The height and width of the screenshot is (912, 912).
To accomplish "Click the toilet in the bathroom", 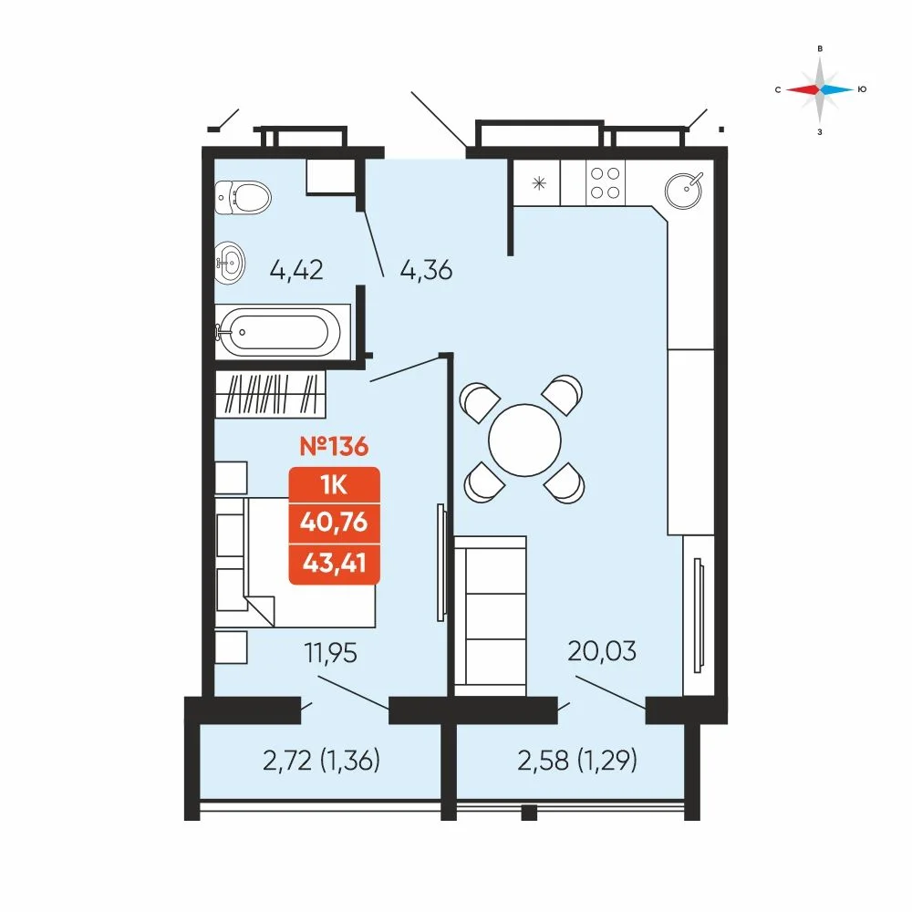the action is click(x=242, y=197).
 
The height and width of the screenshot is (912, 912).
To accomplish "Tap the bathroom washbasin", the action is click(x=230, y=263).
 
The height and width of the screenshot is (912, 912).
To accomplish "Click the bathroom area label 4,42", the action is click(x=296, y=271).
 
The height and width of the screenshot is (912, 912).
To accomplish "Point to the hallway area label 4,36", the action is click(x=426, y=271).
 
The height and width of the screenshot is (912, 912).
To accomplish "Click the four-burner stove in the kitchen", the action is click(x=605, y=182).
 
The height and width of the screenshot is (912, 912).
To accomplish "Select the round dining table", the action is click(x=524, y=440).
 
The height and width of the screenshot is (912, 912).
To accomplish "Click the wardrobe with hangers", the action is click(x=270, y=394).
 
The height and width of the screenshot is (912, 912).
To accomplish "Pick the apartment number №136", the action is click(x=334, y=447).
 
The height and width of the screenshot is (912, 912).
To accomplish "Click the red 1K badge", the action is click(x=335, y=484).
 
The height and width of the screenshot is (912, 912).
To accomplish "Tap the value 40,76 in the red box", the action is click(x=335, y=523).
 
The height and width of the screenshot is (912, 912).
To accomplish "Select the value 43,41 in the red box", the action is click(x=335, y=563).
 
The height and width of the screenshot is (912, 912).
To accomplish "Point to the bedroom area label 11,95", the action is click(x=331, y=653).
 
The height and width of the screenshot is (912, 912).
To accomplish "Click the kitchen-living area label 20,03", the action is click(x=602, y=651).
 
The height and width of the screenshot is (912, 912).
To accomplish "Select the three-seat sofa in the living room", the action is click(x=491, y=616).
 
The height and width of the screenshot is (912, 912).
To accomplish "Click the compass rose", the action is click(x=820, y=89).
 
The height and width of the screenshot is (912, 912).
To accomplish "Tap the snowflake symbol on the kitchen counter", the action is click(x=539, y=184).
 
